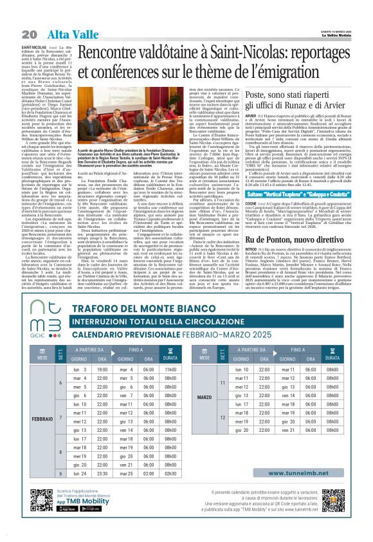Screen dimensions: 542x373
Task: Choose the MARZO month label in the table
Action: [203, 415]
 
